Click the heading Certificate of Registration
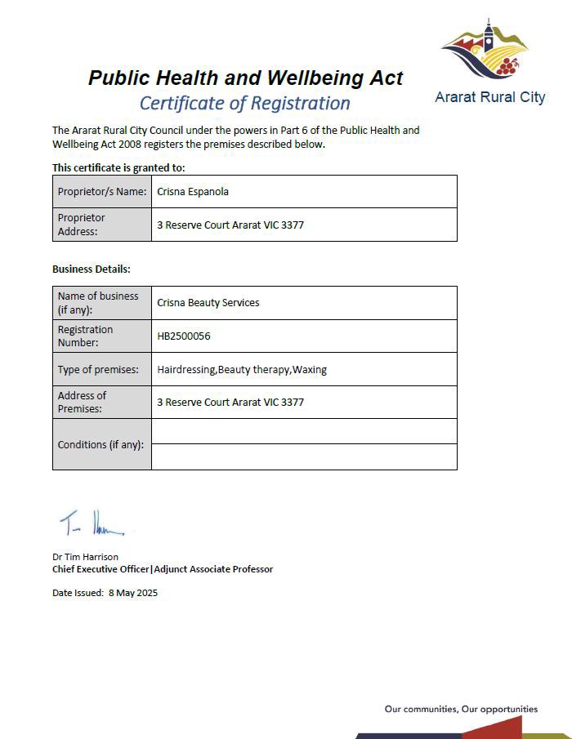pos(245,104)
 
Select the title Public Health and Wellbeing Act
pos(246,78)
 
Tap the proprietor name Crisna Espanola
pos(193,192)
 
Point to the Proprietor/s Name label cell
pos(101,192)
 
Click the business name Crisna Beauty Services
pos(208,303)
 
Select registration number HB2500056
pos(184,336)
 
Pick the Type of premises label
pos(98,369)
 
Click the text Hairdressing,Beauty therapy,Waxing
pos(242,369)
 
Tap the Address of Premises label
pos(83,402)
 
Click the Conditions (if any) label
pos(101,445)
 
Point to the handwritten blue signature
pos(92,523)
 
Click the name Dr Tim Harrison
pos(85,557)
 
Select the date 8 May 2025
pos(133,593)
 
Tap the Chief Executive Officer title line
pos(163,569)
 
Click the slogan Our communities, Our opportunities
pos(461,709)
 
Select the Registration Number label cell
pos(86,336)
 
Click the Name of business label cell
pos(98,302)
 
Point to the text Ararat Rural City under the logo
pos(489,97)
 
